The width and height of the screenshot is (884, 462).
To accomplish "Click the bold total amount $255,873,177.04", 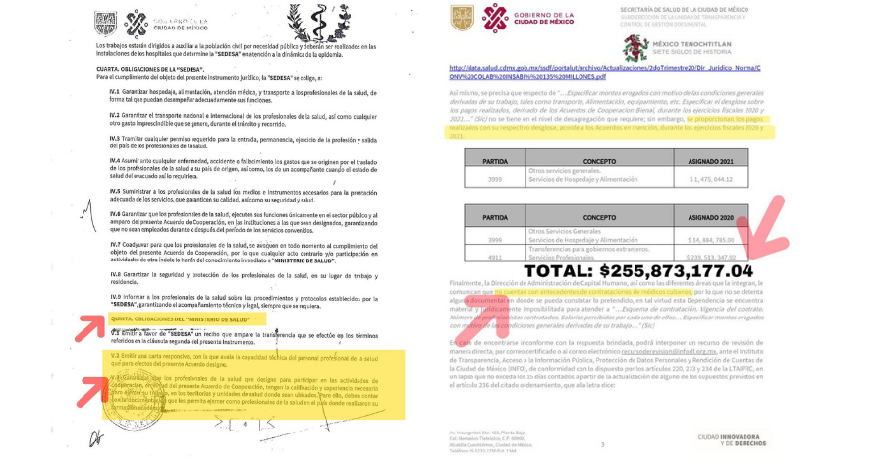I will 638,270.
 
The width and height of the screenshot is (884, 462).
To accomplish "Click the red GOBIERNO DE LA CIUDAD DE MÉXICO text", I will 546,19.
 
